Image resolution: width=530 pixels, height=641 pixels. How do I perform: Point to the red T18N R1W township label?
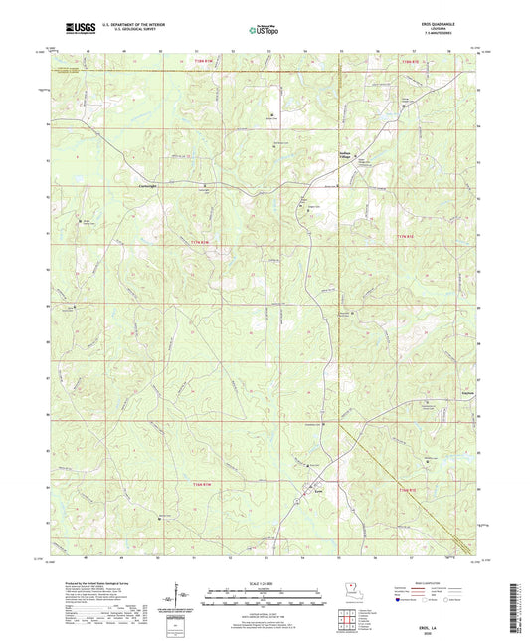coord(202,61)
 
